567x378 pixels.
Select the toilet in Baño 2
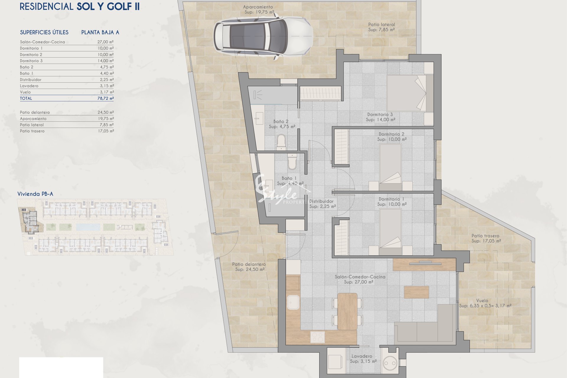click(281, 142)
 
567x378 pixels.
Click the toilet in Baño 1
click(292, 161)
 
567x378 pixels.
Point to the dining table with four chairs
click(347, 311)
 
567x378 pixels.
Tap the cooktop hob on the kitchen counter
click(318, 337)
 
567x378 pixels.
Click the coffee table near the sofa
click(416, 292)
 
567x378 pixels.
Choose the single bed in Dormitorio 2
click(390, 167)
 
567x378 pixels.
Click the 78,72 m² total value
click(105, 98)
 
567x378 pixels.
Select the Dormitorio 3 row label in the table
click(31, 61)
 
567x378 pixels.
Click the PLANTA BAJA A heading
click(100, 32)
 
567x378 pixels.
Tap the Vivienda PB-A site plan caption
click(35, 194)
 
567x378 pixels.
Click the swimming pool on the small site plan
click(88, 227)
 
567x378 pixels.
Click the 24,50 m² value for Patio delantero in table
click(106, 112)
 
